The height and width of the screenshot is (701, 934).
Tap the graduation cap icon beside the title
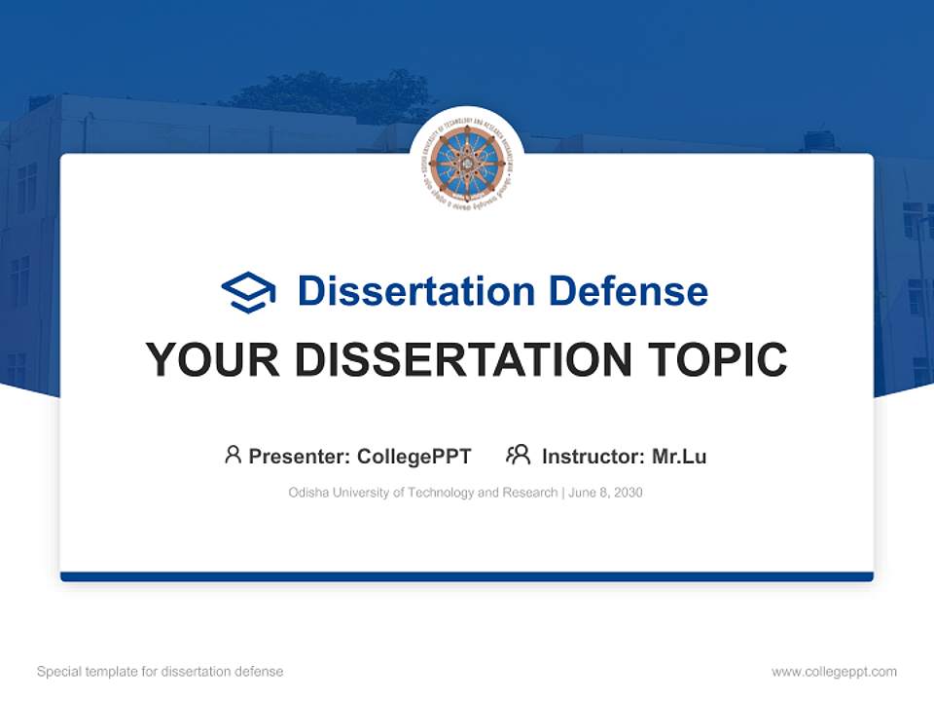click(x=248, y=292)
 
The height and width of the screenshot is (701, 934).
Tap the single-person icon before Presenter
click(x=233, y=455)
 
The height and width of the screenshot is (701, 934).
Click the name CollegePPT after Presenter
click(x=414, y=457)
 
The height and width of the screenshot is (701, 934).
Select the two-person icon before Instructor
click(x=518, y=455)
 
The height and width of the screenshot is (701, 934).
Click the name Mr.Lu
click(x=679, y=457)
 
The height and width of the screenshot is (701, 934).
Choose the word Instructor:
click(x=593, y=457)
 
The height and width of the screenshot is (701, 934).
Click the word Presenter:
click(x=300, y=457)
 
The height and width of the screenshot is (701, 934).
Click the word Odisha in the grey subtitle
click(x=308, y=493)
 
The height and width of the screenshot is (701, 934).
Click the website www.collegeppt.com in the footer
click(x=834, y=672)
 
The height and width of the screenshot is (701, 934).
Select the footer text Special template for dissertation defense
click(x=160, y=672)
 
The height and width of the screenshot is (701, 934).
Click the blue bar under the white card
click(x=467, y=576)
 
